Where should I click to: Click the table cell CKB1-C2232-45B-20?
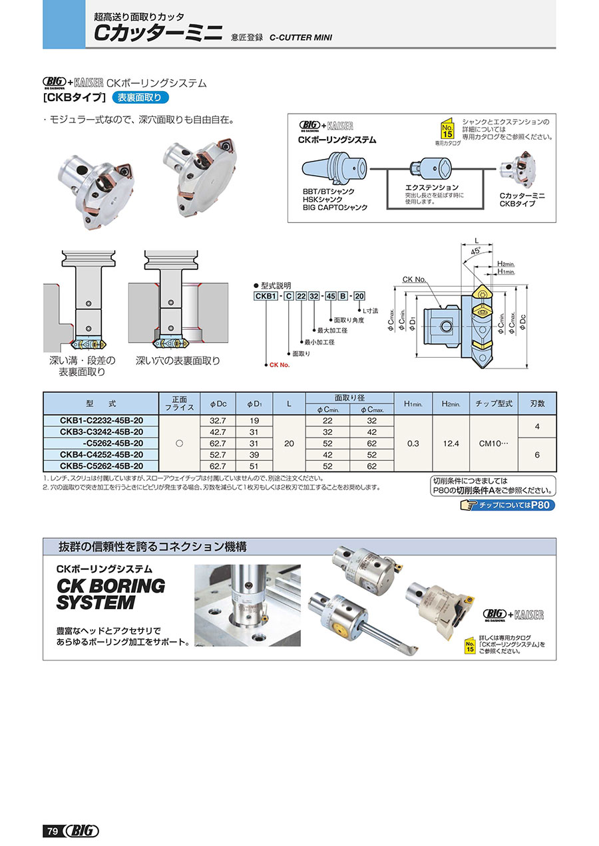pyautogui.click(x=99, y=420)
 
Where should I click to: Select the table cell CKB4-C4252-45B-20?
pyautogui.click(x=99, y=455)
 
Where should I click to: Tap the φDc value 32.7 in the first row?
pyautogui.click(x=218, y=420)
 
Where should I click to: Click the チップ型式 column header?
pyautogui.click(x=494, y=403)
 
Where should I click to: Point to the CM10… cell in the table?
pyautogui.click(x=494, y=443)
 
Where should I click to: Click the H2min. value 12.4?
pyautogui.click(x=451, y=443)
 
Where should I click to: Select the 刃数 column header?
pyautogui.click(x=537, y=403)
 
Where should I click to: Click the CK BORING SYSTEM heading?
pyautogui.click(x=110, y=594)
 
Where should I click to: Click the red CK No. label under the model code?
pyautogui.click(x=280, y=364)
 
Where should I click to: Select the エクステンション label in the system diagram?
pyautogui.click(x=432, y=188)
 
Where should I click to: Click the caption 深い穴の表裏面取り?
pyautogui.click(x=178, y=360)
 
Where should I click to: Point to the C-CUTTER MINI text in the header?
pyautogui.click(x=301, y=37)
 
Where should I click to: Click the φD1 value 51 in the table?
pyautogui.click(x=254, y=466)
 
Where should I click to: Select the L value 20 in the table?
pyautogui.click(x=289, y=443)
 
